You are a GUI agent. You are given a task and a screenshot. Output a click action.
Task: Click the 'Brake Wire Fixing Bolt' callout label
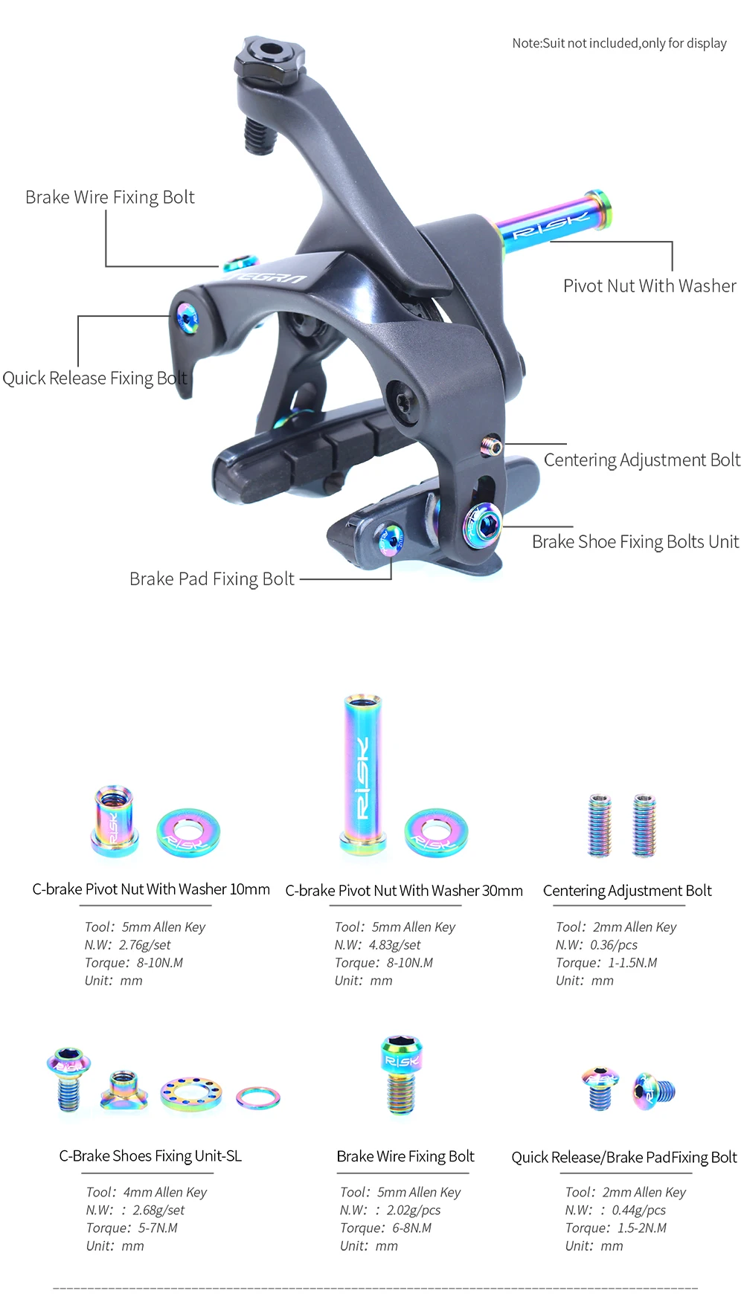pyautogui.click(x=110, y=197)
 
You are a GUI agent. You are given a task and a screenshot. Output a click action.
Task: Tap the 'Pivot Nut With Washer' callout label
pyautogui.click(x=650, y=286)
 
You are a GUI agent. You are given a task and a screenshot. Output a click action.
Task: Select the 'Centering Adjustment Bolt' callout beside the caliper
pyautogui.click(x=641, y=460)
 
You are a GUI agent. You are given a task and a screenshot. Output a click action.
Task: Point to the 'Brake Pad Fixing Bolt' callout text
pyautogui.click(x=212, y=579)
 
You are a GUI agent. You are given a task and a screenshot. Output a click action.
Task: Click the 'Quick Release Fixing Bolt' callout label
pyautogui.click(x=94, y=378)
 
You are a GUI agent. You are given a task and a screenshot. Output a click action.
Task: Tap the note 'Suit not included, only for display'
pyautogui.click(x=619, y=43)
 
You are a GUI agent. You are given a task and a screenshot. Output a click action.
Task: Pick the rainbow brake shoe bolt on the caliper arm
pyautogui.click(x=482, y=524)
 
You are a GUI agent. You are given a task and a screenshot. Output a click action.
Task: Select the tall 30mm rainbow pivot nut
pyautogui.click(x=362, y=773)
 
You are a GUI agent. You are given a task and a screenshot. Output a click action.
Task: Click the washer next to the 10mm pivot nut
pyautogui.click(x=188, y=832)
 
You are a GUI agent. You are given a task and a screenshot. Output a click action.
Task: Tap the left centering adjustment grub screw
pyautogui.click(x=600, y=825)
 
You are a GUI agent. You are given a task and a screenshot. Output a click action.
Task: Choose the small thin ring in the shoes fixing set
pyautogui.click(x=258, y=1097)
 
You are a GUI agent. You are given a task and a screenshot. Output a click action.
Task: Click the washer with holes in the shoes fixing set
pyautogui.click(x=191, y=1093)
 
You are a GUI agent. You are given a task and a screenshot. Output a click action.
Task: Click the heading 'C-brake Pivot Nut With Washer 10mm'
pyautogui.click(x=151, y=889)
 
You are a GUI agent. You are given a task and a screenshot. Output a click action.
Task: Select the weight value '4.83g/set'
pyautogui.click(x=394, y=945)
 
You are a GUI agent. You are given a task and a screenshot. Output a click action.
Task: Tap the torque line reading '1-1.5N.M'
pyautogui.click(x=632, y=963)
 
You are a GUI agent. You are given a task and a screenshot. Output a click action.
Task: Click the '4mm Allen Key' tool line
pyautogui.click(x=164, y=1193)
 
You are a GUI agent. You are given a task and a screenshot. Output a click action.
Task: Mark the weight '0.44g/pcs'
pyautogui.click(x=638, y=1211)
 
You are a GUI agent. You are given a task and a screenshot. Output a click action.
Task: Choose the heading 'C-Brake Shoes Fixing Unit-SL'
pyautogui.click(x=150, y=1156)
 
